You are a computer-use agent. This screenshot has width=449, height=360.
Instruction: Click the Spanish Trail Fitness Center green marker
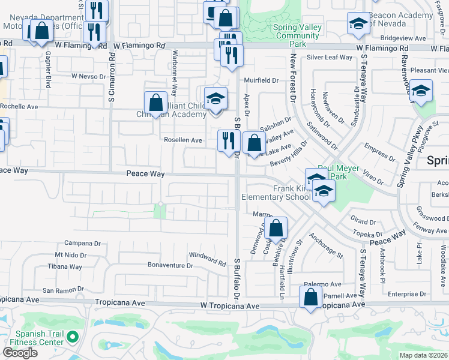[x=73, y=337]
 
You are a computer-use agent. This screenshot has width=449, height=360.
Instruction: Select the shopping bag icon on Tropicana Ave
[x=310, y=298]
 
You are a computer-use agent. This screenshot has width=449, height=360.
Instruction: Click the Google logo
[x=20, y=352]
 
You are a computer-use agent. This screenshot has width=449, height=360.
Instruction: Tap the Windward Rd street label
[x=206, y=259]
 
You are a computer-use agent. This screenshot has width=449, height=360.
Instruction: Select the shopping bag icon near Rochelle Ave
[x=155, y=103]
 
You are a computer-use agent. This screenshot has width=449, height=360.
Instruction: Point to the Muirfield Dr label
[x=261, y=80]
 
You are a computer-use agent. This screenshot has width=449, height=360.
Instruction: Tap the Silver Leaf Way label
[x=329, y=58]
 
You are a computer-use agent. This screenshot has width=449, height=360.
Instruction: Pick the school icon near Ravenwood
[x=421, y=91]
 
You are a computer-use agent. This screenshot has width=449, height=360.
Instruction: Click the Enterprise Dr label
[x=406, y=295]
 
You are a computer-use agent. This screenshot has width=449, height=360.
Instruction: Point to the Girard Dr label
[x=363, y=221]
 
